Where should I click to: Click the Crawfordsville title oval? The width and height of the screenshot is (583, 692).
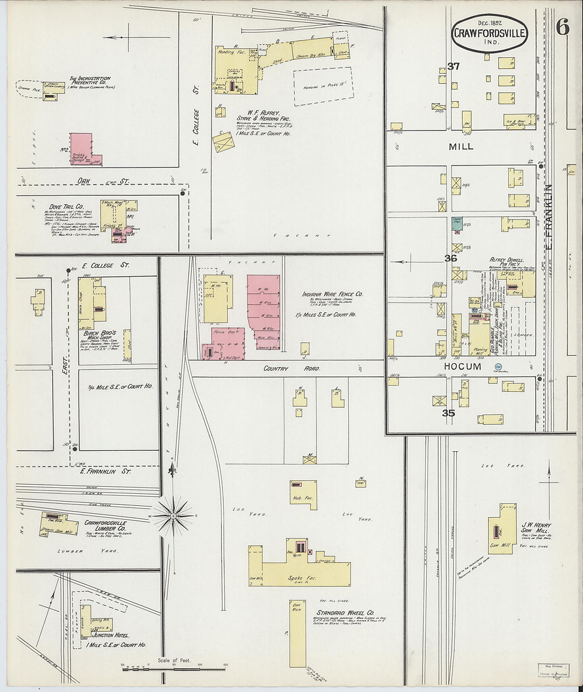tap(490, 33)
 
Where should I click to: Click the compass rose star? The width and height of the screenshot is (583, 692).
tap(173, 515)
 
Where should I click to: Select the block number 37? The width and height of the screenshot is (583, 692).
tap(453, 67)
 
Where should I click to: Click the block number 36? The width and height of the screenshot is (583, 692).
tap(450, 259)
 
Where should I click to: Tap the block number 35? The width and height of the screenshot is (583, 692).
tap(449, 413)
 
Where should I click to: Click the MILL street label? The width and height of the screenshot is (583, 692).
tap(461, 146)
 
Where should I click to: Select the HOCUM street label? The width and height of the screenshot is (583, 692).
tap(463, 366)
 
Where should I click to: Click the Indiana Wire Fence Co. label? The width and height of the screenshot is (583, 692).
tap(332, 294)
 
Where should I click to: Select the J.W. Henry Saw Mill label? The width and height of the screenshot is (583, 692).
tap(536, 528)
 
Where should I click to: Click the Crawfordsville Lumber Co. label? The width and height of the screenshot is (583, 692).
tap(105, 525)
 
